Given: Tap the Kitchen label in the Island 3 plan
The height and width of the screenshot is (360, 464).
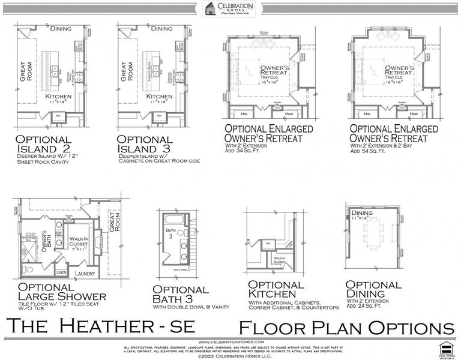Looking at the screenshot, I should (159, 96).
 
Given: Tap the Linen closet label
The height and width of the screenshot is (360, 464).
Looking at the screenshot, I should (62, 273).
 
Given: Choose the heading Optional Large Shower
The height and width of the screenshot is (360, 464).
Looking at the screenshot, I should (62, 292).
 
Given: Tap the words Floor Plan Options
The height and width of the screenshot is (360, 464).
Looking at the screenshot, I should (346, 328).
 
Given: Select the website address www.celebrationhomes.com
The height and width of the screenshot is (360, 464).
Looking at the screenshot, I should (231, 341).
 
